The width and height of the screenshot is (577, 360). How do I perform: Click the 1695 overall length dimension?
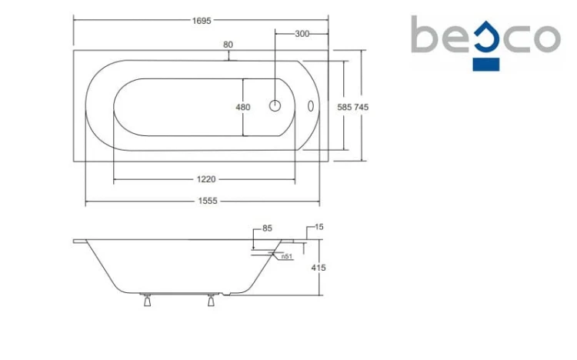click(x=202, y=21)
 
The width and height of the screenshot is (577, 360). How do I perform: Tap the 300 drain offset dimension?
click(x=302, y=34)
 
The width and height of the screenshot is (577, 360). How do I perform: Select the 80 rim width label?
click(x=228, y=45)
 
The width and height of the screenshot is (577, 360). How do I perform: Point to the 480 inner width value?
click(x=243, y=107)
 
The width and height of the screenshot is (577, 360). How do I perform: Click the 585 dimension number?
click(x=345, y=107)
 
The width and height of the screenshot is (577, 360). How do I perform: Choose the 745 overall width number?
click(x=362, y=107)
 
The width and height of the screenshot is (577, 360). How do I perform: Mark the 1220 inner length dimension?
click(x=206, y=179)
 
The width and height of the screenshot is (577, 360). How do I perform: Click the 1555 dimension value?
click(x=208, y=201)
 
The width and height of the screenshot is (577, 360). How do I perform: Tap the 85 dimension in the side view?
click(x=267, y=228)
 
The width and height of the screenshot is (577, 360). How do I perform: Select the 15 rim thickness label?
click(x=319, y=227)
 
